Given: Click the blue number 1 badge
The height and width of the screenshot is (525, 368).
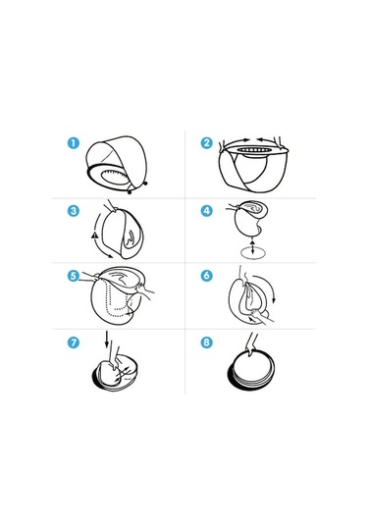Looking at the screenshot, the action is (x=74, y=143).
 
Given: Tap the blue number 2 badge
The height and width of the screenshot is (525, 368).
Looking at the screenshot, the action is (x=207, y=143).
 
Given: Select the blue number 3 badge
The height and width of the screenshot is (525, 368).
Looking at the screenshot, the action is (x=74, y=211).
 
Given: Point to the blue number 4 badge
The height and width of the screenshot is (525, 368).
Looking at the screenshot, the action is (x=207, y=211).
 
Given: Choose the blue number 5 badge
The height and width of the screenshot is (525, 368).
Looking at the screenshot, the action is (x=74, y=276).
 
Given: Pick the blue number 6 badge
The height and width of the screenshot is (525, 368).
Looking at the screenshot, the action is (x=207, y=276).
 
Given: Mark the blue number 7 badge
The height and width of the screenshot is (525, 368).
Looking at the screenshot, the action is (x=74, y=342).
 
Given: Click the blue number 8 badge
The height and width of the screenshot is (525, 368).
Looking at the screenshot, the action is (x=207, y=342).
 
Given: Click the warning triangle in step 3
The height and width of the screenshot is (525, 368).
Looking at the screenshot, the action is (x=94, y=236).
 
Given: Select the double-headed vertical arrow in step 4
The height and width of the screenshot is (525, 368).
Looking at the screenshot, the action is (x=252, y=246).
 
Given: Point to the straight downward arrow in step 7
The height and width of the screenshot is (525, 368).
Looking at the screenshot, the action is (x=107, y=340).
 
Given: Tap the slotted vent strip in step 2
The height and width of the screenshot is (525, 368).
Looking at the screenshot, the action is (x=253, y=150).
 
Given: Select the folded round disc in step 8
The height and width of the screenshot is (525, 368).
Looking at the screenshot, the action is (x=251, y=370).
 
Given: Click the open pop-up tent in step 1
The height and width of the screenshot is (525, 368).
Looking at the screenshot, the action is (x=117, y=165).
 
